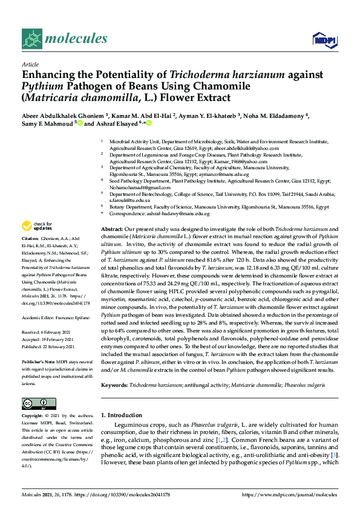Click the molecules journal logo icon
tap(31, 40)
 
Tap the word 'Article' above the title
tap(30, 63)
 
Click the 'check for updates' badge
tap(38, 226)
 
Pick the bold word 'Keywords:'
tap(114, 384)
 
